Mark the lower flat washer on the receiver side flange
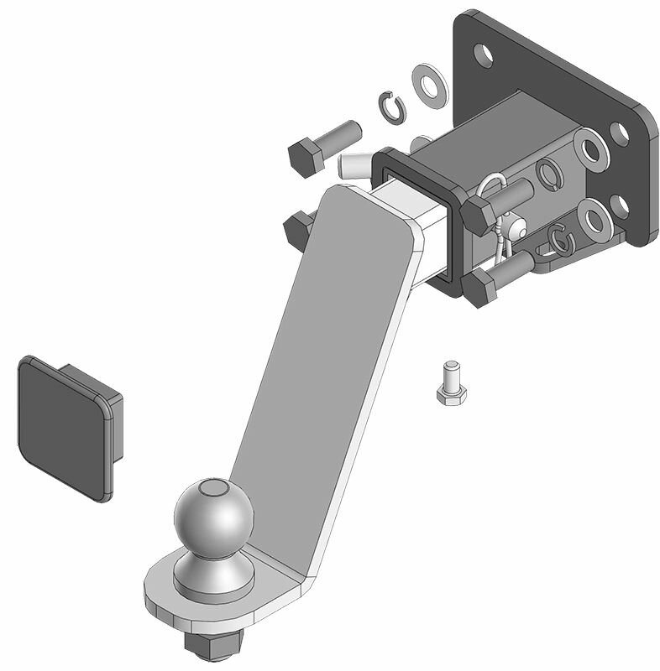click(593, 220)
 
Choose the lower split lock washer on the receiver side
click(562, 239)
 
